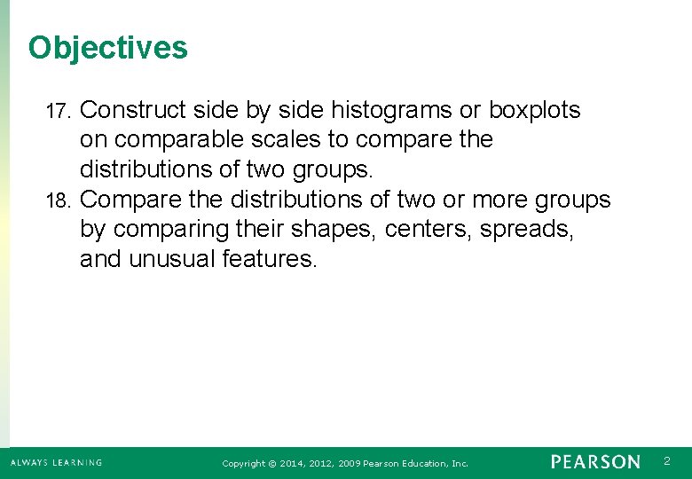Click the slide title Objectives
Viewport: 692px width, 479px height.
107,47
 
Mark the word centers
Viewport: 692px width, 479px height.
429,229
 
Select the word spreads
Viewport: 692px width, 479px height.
527,229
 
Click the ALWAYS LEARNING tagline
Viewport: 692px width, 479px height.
56,462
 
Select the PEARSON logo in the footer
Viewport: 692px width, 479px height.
594,462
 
